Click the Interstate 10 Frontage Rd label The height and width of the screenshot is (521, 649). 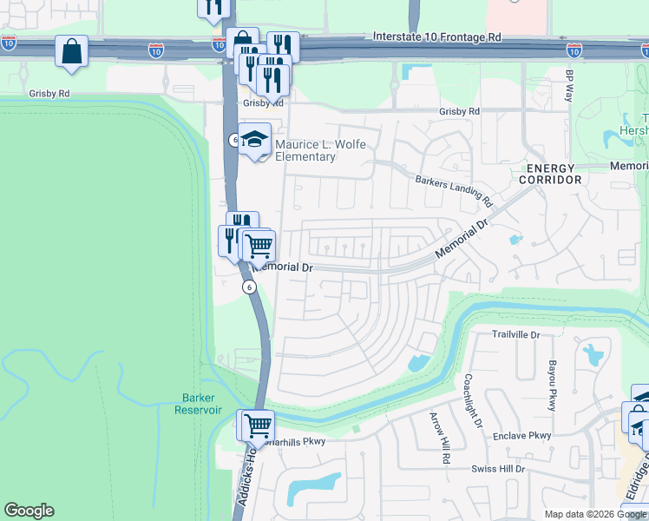pyautogui.click(x=437, y=37)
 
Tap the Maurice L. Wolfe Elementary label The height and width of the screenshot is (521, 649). pyautogui.click(x=305, y=151)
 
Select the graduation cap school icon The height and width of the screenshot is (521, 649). pyautogui.click(x=254, y=139)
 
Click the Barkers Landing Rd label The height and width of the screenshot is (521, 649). pyautogui.click(x=454, y=191)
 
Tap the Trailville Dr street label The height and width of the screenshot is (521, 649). pyautogui.click(x=515, y=334)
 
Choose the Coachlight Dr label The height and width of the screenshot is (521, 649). pyautogui.click(x=473, y=400)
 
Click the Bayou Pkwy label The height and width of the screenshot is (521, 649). pyautogui.click(x=551, y=386)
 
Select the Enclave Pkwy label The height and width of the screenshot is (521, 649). pyautogui.click(x=521, y=435)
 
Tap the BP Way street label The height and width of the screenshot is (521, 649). pyautogui.click(x=569, y=86)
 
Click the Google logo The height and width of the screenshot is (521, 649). pyautogui.click(x=29, y=511)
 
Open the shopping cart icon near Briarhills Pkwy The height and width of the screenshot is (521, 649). pyautogui.click(x=256, y=425)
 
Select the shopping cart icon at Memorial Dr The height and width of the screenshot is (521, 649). pyautogui.click(x=258, y=246)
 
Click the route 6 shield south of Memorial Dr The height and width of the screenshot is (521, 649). pyautogui.click(x=249, y=287)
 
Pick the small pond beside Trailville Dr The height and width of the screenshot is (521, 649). pyautogui.click(x=593, y=354)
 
